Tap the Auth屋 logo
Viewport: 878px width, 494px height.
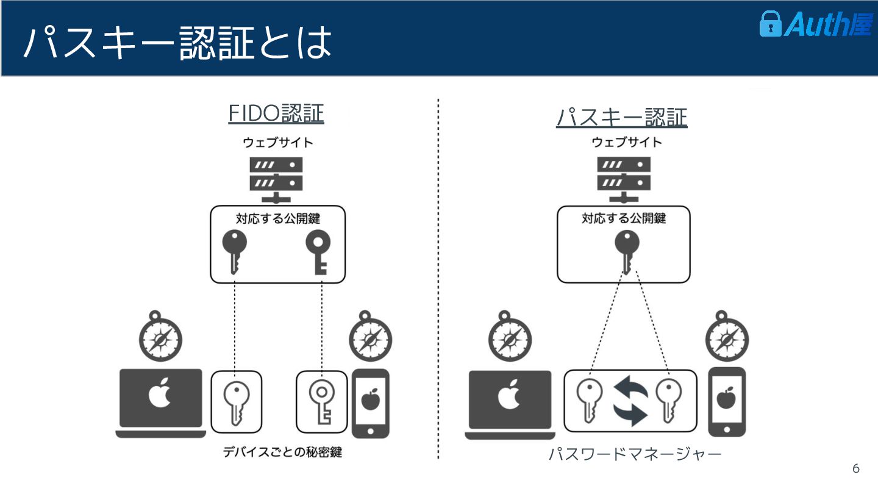(815, 24)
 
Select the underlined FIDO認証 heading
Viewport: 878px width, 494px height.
(276, 113)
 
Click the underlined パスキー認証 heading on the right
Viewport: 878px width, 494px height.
(621, 116)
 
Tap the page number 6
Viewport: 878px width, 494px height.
(855, 468)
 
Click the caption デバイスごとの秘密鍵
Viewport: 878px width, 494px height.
(281, 453)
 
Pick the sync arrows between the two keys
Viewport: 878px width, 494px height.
(630, 401)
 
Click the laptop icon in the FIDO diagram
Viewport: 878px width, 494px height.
(161, 403)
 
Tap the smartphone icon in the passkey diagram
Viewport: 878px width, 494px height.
(726, 401)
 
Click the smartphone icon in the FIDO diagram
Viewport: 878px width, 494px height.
(369, 403)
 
